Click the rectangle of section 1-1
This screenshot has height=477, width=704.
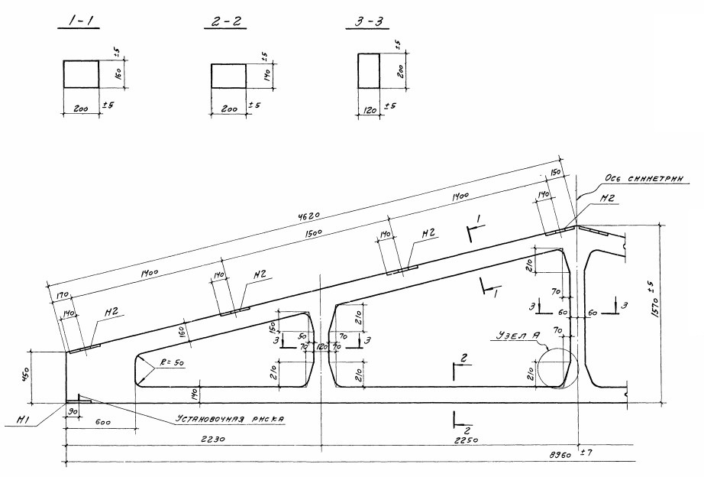click(80, 75)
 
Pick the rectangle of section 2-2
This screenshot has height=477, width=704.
click(228, 76)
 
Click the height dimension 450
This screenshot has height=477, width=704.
click(35, 375)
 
